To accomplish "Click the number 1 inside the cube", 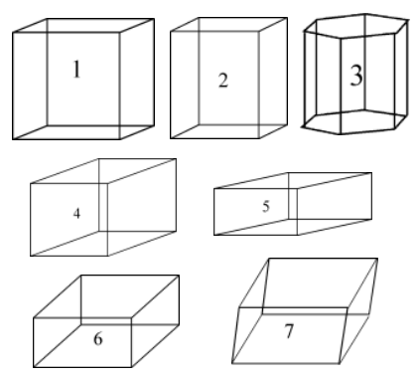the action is (x=76, y=69).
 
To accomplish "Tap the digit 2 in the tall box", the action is (x=223, y=81).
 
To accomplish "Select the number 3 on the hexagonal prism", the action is (x=356, y=76).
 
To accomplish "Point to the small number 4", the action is (x=76, y=214).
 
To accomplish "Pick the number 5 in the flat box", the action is (x=266, y=206).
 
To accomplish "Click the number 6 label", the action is (x=98, y=339).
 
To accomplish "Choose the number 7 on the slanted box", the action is (x=289, y=330).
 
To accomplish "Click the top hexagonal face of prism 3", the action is (x=356, y=26).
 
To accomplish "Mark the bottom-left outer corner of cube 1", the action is (x=13, y=139).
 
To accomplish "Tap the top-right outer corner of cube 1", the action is (x=154, y=19).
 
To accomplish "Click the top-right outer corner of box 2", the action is (x=287, y=18).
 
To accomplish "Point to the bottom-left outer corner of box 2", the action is (x=171, y=138).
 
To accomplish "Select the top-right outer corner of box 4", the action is (x=176, y=159).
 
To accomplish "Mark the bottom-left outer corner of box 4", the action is (x=31, y=256).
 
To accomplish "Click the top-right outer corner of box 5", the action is (x=371, y=173).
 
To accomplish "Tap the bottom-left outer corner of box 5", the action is (x=214, y=235).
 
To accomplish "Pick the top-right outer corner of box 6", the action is (x=179, y=276).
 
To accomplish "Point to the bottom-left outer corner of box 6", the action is (x=34, y=367).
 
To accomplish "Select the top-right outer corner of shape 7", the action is (x=377, y=259).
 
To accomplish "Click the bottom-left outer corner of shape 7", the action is (x=232, y=364).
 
